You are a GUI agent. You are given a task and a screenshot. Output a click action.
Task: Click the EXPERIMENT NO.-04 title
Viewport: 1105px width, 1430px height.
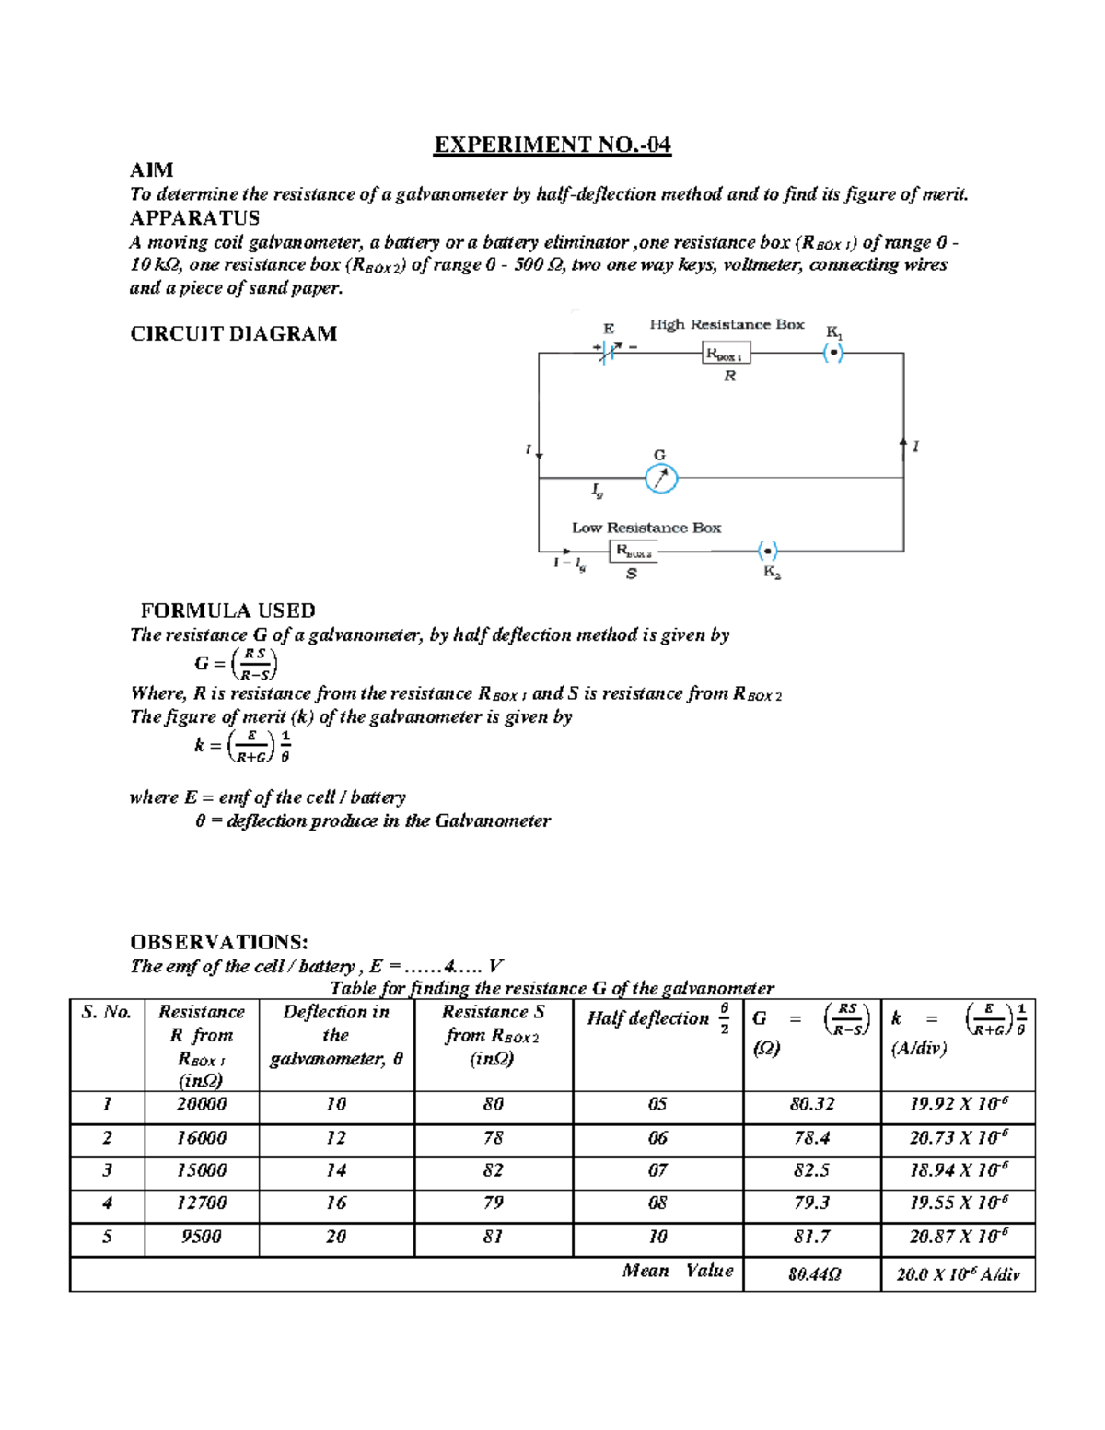[x=552, y=145]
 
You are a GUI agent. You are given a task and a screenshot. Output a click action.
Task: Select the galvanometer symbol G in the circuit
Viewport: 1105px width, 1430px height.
[x=660, y=479]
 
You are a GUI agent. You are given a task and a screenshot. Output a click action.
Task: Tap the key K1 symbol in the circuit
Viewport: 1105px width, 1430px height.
[x=832, y=353]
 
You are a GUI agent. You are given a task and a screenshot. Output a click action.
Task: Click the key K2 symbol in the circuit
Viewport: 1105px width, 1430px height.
[x=768, y=552]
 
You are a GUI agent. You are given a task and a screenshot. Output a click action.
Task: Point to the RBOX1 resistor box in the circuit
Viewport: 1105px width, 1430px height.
[x=727, y=354]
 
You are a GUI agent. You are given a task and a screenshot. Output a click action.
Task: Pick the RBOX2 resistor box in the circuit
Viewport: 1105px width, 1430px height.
[x=634, y=552]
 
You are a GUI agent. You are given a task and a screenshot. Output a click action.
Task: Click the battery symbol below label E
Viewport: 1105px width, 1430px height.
[x=608, y=352]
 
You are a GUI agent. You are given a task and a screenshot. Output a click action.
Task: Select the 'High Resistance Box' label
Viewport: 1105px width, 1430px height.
[x=727, y=324]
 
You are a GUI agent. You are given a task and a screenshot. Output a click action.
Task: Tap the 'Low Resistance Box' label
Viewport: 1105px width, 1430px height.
[x=646, y=528]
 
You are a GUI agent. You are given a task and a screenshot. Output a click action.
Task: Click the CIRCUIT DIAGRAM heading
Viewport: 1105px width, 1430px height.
[x=233, y=333]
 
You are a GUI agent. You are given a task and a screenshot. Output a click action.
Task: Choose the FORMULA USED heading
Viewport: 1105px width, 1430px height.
[x=227, y=610]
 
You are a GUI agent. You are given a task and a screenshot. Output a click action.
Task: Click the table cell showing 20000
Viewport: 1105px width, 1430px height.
[x=202, y=1104]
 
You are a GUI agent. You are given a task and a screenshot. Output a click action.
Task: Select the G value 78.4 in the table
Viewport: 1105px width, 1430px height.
[x=811, y=1138]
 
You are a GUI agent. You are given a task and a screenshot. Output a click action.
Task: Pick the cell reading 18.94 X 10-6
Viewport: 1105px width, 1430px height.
[x=959, y=1170]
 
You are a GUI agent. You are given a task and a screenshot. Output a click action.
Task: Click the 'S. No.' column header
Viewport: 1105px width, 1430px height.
[x=107, y=1012]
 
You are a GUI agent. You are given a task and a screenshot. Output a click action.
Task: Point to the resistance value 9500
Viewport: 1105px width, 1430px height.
[x=201, y=1237]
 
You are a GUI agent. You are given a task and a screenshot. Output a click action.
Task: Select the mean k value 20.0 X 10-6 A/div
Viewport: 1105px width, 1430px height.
[x=959, y=1275]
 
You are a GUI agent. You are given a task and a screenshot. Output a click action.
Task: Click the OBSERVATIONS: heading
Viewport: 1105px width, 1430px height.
[x=218, y=942]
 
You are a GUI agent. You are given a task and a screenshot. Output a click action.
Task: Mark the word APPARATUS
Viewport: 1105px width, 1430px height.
[x=194, y=218]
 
